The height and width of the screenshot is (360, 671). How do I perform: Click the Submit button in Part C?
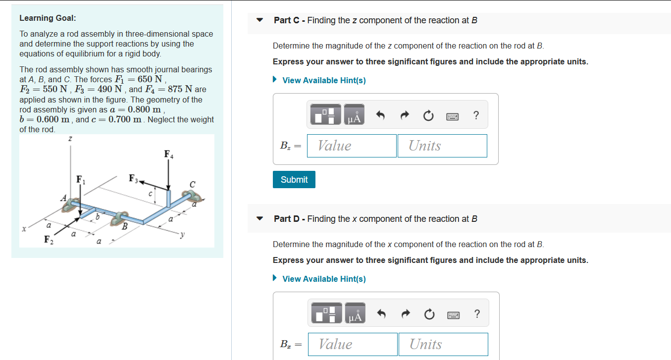294,180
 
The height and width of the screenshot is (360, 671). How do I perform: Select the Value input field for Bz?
352,146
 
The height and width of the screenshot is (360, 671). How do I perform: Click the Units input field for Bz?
442,146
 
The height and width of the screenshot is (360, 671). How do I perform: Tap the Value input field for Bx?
353,344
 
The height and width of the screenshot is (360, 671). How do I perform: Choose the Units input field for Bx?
443,344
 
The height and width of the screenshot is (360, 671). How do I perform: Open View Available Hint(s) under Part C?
323,80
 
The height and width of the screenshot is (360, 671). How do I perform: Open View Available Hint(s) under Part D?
323,279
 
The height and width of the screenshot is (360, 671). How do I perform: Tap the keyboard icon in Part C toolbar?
452,116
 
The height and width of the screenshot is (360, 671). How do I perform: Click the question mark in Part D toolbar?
476,314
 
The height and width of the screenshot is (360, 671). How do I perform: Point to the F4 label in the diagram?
169,154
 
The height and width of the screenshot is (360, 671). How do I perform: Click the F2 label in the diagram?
48,240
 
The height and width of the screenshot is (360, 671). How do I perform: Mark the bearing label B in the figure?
125,226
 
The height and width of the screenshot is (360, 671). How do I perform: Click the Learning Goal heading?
48,18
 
